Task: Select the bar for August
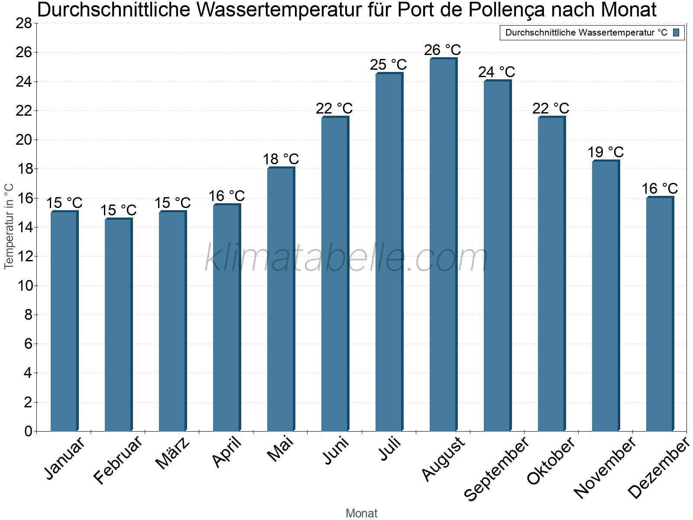point(443,245)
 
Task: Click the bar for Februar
point(118,325)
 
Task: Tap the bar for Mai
point(281,299)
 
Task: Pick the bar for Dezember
point(660,314)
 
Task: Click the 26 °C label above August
point(442,50)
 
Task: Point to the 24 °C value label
point(496,72)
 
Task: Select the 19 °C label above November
point(605,153)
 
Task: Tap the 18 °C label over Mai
point(281,159)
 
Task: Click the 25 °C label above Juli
point(388,65)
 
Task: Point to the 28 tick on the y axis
point(24,23)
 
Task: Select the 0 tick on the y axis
point(29,431)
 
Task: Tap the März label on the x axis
point(172,453)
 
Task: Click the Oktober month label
point(551,461)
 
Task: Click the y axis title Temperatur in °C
point(9,226)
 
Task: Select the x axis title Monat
point(361,513)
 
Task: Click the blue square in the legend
point(676,32)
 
